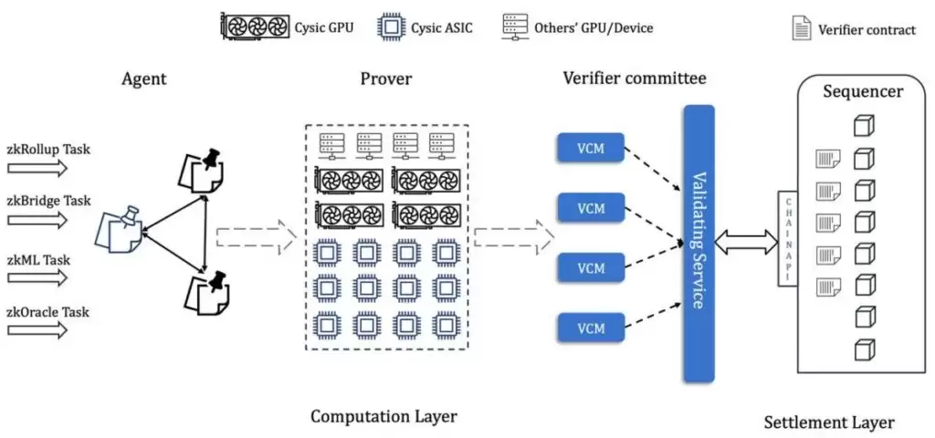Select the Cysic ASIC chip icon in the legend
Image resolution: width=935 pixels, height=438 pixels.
[392, 27]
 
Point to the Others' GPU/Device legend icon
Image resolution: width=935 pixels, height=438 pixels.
[515, 26]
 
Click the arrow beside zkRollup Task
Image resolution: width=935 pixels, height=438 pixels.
[37, 167]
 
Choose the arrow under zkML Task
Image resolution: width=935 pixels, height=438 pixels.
[37, 275]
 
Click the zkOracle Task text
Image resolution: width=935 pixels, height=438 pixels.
[48, 312]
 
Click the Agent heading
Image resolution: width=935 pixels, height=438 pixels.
[144, 78]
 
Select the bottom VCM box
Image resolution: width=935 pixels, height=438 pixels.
[591, 326]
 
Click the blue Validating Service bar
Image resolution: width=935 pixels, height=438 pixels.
[698, 241]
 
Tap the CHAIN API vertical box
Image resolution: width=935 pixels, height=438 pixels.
[786, 240]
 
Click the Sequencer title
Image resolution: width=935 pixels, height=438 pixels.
[862, 91]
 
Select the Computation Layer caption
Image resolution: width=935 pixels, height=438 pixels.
[383, 416]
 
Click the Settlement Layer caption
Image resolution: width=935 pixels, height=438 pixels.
[829, 422]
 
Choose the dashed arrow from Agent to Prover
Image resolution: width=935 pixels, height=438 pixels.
[257, 239]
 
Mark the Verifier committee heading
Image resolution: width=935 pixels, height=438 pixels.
[633, 78]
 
